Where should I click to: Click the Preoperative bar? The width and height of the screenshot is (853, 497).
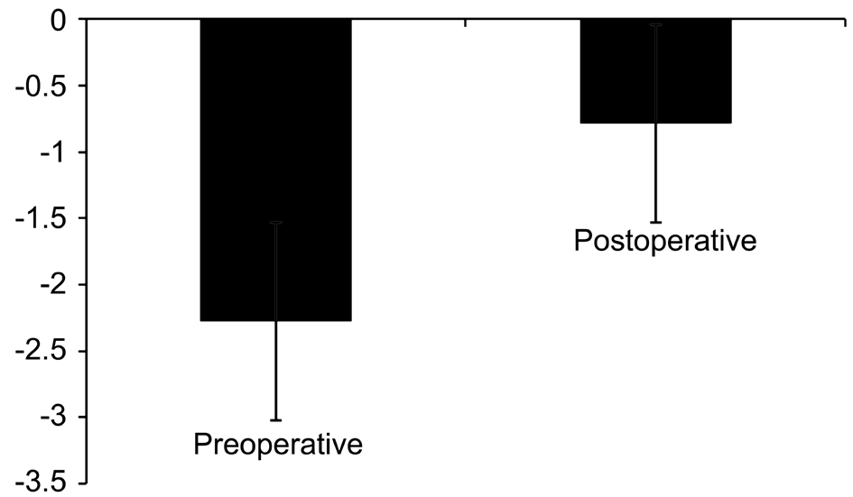[276, 170]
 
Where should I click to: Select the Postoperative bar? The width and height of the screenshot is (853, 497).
[655, 70]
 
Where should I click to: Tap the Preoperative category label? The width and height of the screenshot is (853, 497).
[278, 445]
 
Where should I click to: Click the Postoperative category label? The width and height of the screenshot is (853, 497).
[664, 240]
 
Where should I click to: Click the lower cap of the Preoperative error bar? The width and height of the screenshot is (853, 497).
[276, 420]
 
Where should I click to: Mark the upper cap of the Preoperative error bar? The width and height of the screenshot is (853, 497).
[276, 222]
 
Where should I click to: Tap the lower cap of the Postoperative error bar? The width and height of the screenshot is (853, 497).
[655, 223]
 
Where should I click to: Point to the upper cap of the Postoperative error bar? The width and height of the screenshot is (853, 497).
[655, 24]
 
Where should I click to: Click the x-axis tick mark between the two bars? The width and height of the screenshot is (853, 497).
[466, 23]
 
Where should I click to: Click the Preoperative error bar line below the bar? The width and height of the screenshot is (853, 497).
[276, 371]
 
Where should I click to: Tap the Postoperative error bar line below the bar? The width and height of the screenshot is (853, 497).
[655, 173]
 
